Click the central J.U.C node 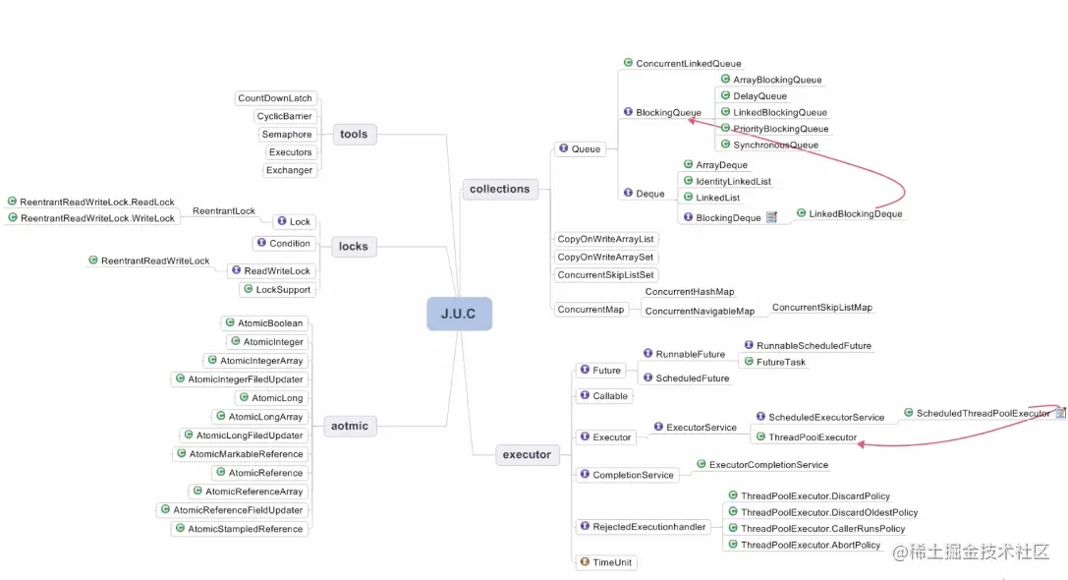[459, 314]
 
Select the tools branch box [354, 135]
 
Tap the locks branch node [354, 246]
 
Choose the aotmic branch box [350, 426]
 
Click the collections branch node [499, 189]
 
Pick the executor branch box [527, 454]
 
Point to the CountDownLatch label [275, 98]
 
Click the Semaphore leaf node [287, 135]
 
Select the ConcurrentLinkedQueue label [689, 63]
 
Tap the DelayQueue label [760, 96]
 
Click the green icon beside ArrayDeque [688, 164]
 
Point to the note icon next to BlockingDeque [771, 217]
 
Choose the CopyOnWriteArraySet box [605, 257]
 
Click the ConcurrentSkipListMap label [822, 308]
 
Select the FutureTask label [780, 362]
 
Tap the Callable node [605, 396]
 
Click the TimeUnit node [607, 562]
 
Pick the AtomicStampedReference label [246, 529]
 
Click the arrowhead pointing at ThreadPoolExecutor [862, 444]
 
